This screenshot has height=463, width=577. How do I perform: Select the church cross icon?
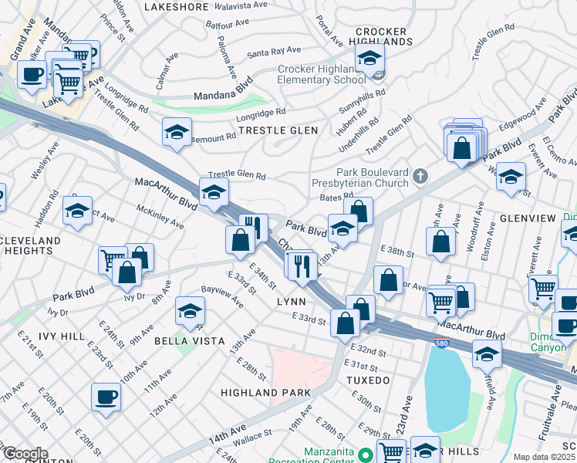(420, 176)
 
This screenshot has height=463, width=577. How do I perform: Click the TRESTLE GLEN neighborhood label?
(278, 131)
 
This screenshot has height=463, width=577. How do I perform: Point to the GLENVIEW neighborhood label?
(528, 218)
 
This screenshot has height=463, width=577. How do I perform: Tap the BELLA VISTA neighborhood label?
(189, 340)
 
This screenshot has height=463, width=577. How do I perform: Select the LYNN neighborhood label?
(292, 302)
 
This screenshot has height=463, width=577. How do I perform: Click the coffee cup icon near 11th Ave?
(106, 397)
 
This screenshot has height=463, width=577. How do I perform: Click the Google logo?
(25, 454)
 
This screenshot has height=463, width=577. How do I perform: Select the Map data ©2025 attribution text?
(544, 457)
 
